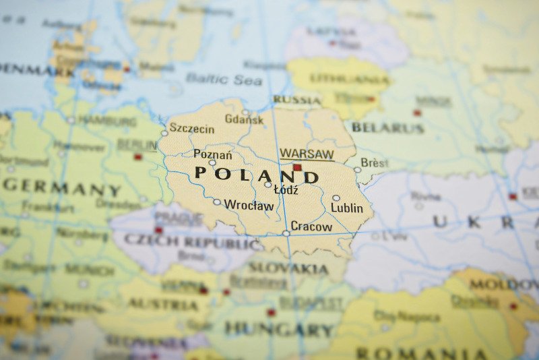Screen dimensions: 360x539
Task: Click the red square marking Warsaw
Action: (x=297, y=167)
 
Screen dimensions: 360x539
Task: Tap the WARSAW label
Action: (x=307, y=154)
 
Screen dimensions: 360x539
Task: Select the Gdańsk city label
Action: (x=244, y=119)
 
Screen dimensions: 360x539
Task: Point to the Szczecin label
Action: (x=192, y=128)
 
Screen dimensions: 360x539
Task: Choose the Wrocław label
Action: (x=249, y=205)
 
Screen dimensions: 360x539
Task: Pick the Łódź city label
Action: (x=286, y=190)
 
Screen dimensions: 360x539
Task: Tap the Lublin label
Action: (x=346, y=208)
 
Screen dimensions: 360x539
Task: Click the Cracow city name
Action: (x=311, y=227)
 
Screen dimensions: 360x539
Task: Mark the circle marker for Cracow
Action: (x=286, y=233)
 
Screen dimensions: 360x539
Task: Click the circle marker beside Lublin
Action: (x=336, y=198)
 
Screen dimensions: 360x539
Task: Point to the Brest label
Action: (x=375, y=162)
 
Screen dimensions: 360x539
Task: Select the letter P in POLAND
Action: (x=201, y=173)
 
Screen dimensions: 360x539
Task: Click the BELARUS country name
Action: (x=388, y=127)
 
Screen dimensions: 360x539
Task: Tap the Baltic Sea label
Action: (x=215, y=78)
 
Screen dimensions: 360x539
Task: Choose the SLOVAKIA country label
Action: (x=288, y=268)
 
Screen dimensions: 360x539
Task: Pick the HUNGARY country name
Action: (x=279, y=330)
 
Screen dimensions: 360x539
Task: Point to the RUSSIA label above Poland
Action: (x=297, y=100)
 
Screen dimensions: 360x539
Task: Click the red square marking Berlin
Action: (x=138, y=156)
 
